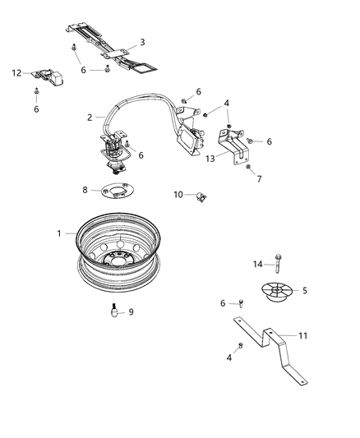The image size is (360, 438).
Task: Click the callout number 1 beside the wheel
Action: [59, 233]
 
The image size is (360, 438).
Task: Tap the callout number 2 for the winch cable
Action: [89, 118]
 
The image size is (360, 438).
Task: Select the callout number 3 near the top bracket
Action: [142, 42]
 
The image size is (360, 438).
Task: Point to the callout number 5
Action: [305, 290]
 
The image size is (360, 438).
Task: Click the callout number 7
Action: [259, 178]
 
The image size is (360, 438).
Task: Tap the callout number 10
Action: [177, 195]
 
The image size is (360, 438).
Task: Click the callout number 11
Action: [302, 336]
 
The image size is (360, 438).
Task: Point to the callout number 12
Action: [16, 73]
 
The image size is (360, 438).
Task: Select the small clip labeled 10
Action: [198, 196]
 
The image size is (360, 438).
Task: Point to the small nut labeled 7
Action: [247, 168]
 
